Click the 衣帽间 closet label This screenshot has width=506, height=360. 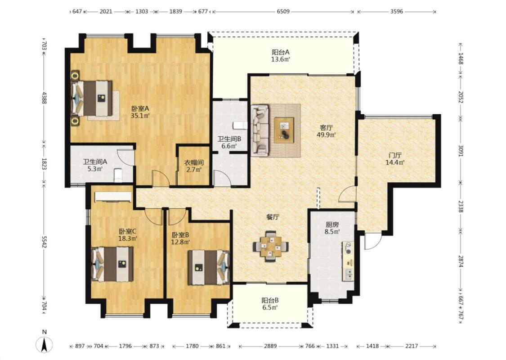coord(193,163)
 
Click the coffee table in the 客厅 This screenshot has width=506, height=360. coord(284,130)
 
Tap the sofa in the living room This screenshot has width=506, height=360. coord(260,130)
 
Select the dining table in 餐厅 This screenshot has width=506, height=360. coord(271,246)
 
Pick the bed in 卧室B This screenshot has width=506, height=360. coord(209,267)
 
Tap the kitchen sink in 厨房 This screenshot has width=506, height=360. coord(348,274)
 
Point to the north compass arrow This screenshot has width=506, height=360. coord(45,344)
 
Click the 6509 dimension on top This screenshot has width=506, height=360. coord(283,12)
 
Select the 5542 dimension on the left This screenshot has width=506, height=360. coord(45,242)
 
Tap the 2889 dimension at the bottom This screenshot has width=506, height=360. coord(270,346)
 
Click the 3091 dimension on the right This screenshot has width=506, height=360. coord(461,150)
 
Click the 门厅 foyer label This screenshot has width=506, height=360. coord(395,155)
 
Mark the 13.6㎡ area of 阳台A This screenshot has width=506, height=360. coord(280,59)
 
